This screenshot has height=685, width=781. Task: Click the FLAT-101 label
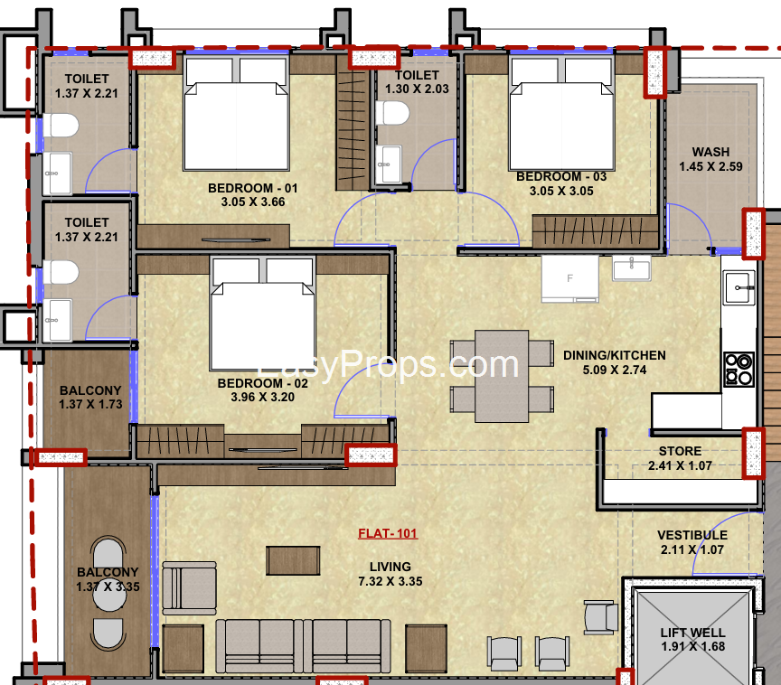(388, 533)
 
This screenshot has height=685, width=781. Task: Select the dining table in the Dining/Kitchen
(502, 375)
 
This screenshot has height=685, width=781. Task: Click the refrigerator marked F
(569, 278)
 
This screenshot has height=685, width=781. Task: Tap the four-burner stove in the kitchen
(739, 368)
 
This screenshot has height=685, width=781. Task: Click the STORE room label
(680, 451)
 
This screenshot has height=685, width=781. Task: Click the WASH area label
(710, 152)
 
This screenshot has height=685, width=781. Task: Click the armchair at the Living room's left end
(189, 585)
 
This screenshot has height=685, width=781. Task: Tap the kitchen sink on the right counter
(739, 288)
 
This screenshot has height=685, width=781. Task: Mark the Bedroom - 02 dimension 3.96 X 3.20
(263, 397)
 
